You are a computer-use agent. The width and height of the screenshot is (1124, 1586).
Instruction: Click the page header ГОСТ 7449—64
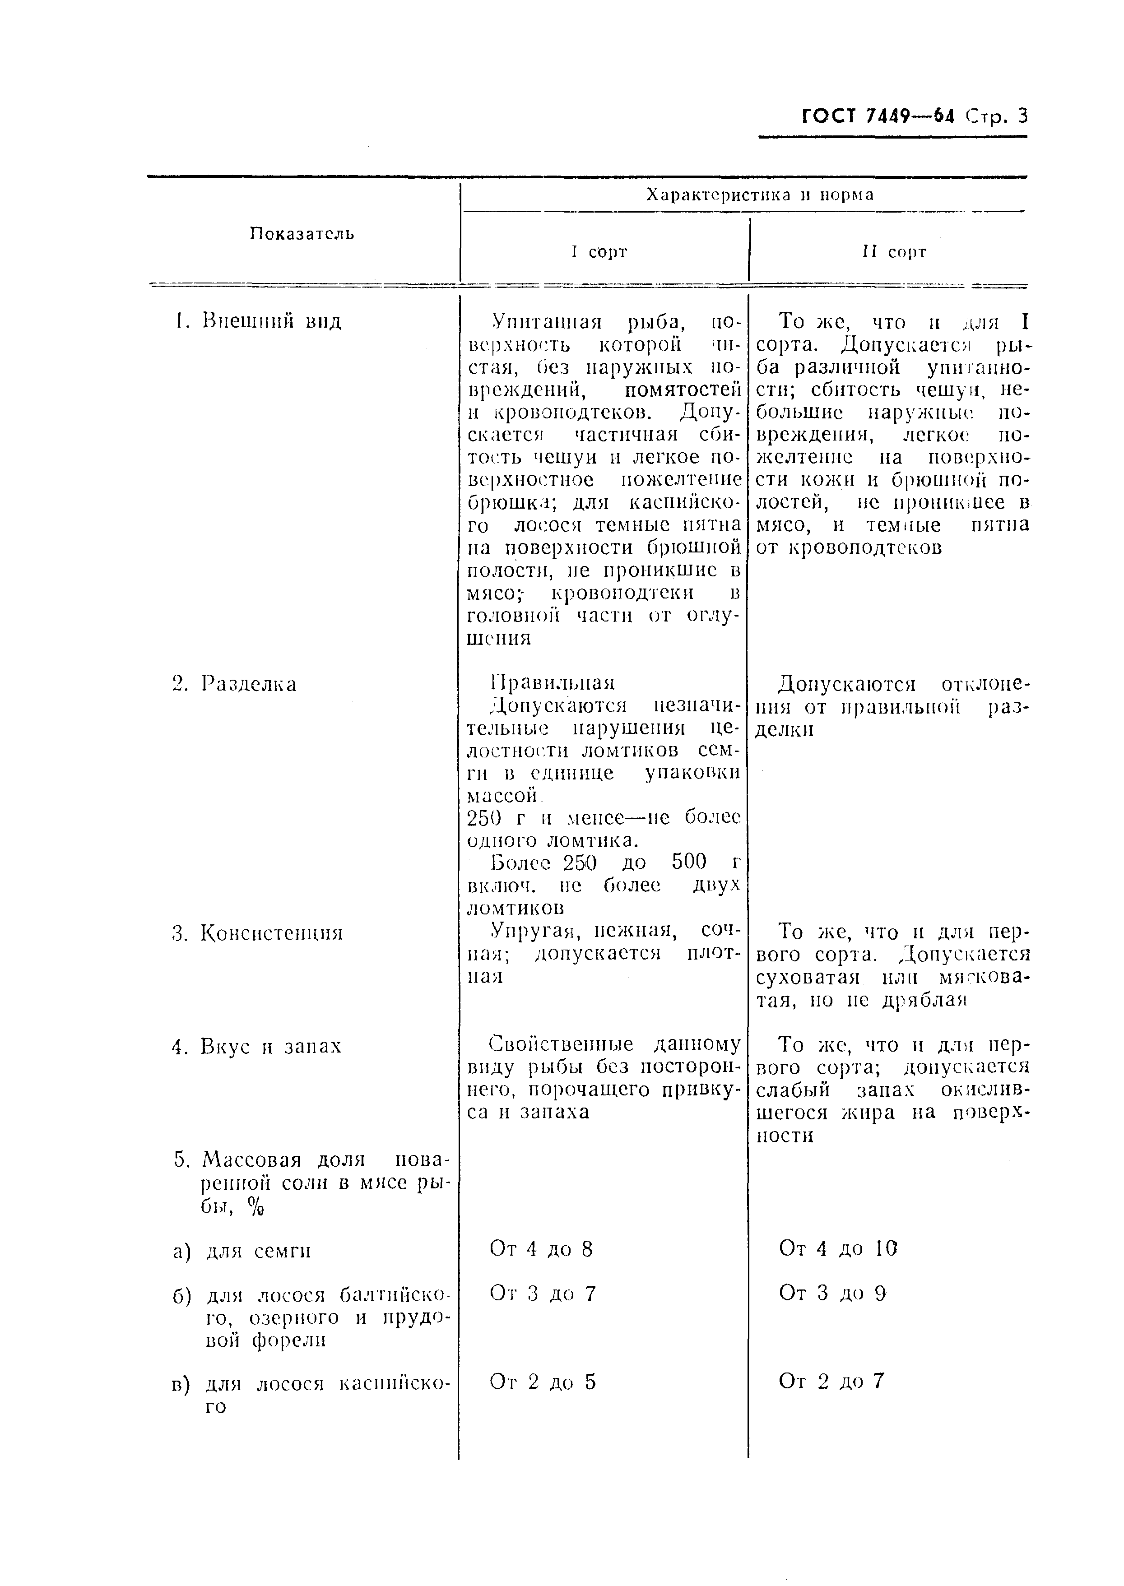coord(878,116)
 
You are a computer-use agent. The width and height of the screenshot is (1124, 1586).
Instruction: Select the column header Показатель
coord(302,234)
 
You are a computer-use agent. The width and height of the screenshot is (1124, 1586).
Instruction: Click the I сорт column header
coord(599,252)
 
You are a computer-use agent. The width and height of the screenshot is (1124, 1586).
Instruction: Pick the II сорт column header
coord(894,252)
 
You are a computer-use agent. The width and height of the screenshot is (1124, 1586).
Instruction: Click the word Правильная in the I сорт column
coord(553,683)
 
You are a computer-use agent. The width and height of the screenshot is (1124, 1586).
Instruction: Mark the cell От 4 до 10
coord(838,1248)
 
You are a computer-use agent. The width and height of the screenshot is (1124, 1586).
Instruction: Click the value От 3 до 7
coord(543,1293)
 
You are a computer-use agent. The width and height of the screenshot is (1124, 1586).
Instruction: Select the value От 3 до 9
coord(833,1293)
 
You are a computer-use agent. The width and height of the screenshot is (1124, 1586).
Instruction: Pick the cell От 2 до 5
coord(543,1382)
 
